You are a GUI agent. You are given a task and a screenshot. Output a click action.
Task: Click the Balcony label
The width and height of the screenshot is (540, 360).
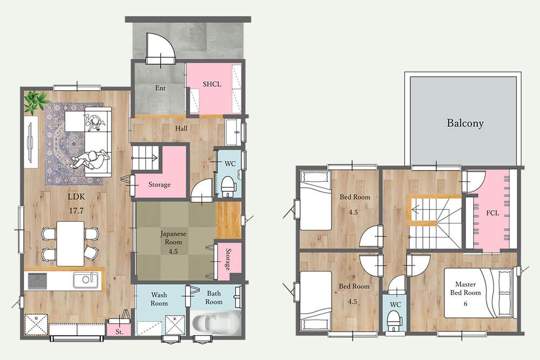coord(465,123)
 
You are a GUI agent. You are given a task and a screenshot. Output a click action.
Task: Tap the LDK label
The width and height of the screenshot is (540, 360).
coord(76,197)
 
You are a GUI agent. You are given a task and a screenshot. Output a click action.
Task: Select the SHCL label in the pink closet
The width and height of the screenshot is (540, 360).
coord(212,84)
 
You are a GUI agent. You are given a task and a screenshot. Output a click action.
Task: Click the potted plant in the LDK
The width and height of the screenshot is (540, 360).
coord(36,101)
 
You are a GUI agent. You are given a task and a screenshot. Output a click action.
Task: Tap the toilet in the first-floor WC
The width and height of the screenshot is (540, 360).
coord(228,186)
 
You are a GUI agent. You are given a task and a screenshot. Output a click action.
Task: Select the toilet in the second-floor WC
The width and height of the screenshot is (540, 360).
coord(394,321)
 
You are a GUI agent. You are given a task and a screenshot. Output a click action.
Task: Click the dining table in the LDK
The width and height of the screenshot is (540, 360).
coord(70,243)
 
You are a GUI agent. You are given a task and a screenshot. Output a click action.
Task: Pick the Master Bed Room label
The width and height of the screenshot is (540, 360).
coord(465,288)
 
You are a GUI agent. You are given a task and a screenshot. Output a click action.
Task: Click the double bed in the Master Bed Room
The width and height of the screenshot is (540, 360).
coord(478,293)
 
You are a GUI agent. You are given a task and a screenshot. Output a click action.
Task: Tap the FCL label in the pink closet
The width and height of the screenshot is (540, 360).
coord(492,213)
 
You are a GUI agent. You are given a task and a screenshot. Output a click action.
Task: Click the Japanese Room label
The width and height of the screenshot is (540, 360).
coord(173,238)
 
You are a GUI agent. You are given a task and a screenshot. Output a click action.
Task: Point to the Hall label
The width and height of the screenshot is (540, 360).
coord(181,128)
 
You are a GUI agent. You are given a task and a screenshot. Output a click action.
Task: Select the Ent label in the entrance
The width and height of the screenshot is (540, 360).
coord(160,88)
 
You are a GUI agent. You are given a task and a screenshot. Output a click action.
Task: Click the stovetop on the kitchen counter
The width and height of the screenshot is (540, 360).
coord(37,281)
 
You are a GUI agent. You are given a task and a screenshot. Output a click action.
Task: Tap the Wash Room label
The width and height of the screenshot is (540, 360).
coord(159,299)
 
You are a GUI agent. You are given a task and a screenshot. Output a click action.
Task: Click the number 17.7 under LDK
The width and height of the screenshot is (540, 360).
coord(77,210)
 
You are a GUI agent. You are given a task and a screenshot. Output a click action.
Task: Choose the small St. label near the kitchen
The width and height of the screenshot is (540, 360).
coord(119,332)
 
